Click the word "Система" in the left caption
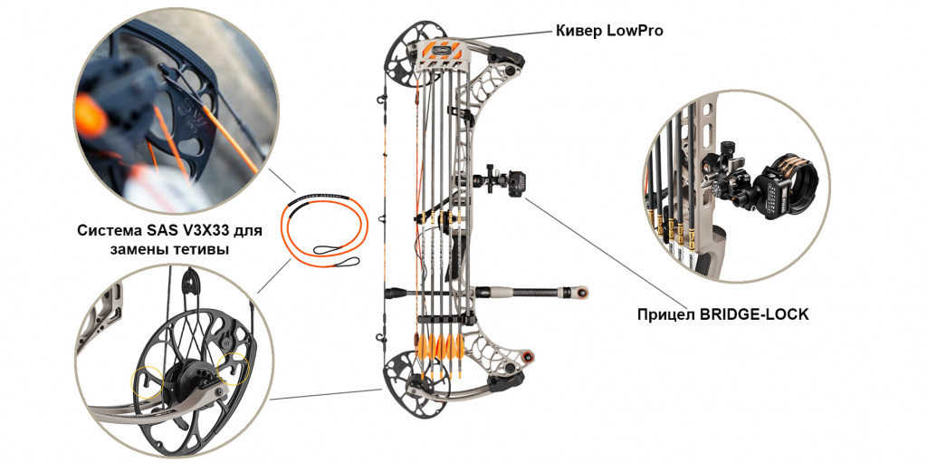click(x=105, y=231)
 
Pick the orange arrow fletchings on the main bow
click(x=442, y=346)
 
